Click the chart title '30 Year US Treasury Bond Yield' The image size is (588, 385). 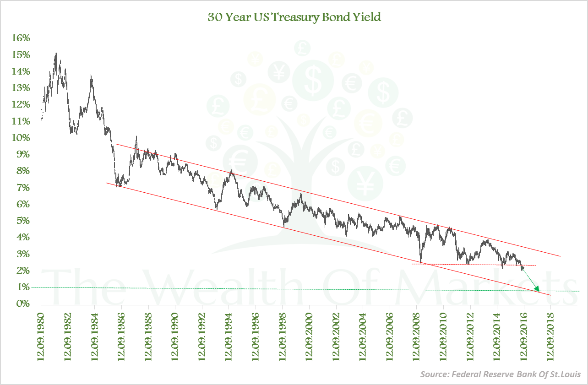click(294, 17)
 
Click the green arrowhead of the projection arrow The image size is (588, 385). click(537, 289)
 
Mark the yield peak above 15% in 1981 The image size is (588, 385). click(55, 54)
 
